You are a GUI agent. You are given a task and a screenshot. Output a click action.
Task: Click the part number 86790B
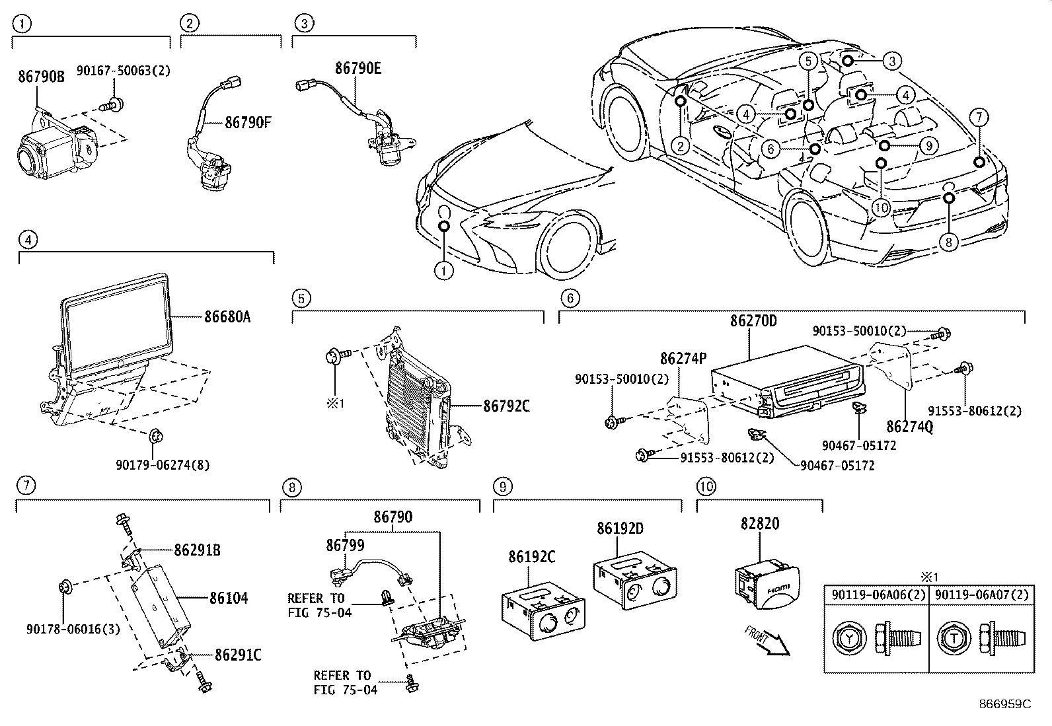coord(41,77)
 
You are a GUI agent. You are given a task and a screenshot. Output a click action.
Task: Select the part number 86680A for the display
coord(227,317)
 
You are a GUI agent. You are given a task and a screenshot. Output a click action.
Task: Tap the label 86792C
coord(506,406)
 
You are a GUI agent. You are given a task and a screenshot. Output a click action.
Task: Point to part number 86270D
coord(753,321)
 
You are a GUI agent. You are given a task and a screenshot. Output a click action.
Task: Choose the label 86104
coord(229,599)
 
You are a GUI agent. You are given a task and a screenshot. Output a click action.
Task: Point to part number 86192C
coord(532,557)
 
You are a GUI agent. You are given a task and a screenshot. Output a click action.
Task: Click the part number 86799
coord(345,545)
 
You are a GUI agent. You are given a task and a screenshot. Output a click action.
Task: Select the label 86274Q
coord(910,427)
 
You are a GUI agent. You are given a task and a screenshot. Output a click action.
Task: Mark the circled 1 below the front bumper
coord(444,270)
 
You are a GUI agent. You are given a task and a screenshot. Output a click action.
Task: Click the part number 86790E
coord(357,68)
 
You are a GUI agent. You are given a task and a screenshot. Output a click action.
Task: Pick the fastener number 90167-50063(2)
coord(124,71)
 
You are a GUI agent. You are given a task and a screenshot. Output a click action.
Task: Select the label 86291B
coord(198,549)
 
